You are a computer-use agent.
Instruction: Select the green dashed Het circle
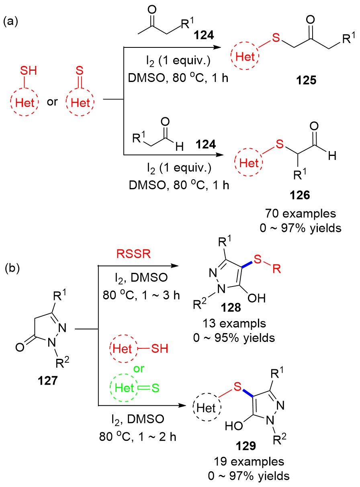(123, 388)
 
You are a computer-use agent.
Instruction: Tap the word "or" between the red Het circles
(52, 102)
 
